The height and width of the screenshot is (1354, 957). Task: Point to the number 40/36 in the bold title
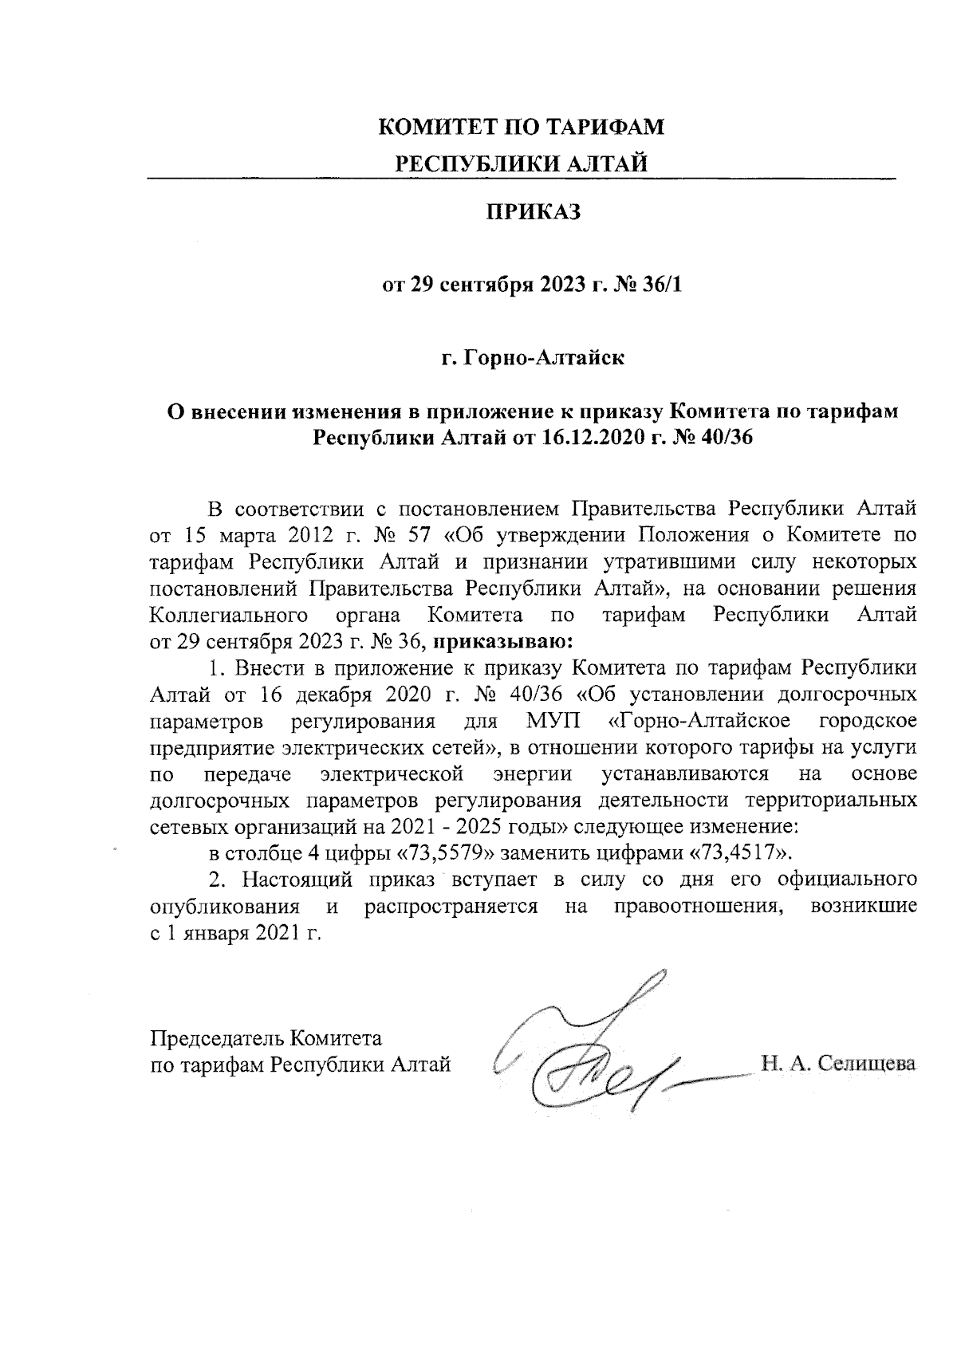point(720,437)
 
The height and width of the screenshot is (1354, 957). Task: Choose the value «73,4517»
point(739,852)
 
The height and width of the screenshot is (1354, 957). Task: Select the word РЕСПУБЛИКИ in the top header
point(464,163)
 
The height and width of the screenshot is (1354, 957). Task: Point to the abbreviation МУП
point(553,722)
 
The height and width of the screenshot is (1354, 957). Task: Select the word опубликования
point(225,907)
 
